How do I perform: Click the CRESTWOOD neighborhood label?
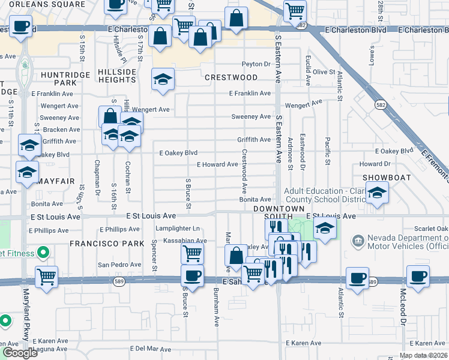click(231, 77)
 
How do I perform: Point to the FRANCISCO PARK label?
click(107, 244)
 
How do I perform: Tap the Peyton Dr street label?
click(256, 64)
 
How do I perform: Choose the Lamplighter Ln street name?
click(178, 229)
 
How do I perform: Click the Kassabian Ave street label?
click(185, 241)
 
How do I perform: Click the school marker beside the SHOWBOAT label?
click(377, 192)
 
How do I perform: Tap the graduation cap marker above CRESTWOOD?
click(162, 79)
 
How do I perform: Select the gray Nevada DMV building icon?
click(358, 242)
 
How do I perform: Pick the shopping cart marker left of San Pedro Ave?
click(46, 277)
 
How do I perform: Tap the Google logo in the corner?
click(20, 353)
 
